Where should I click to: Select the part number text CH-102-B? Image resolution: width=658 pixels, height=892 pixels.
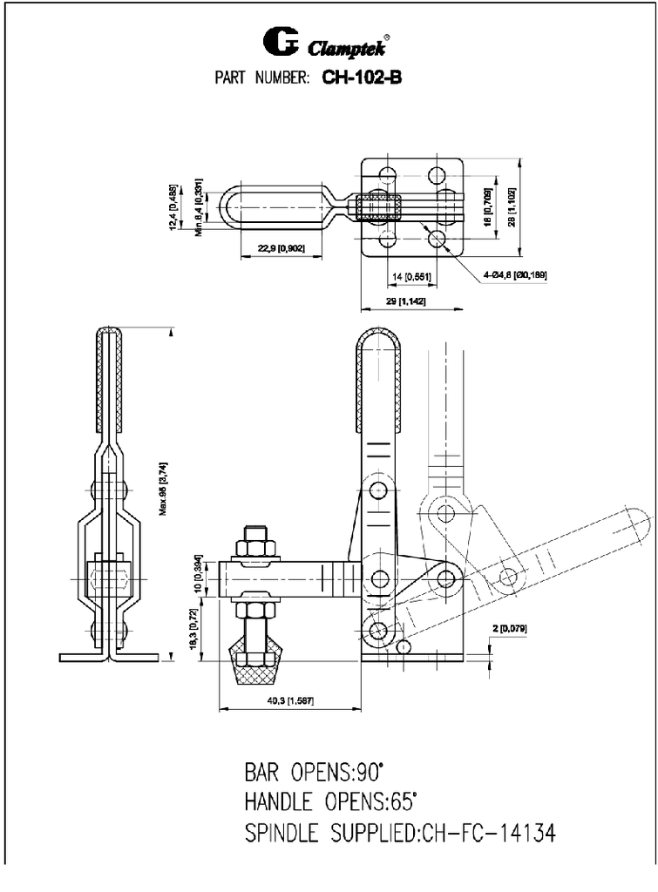[x=361, y=77]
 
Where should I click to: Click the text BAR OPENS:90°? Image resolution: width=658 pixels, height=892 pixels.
[x=315, y=772]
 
